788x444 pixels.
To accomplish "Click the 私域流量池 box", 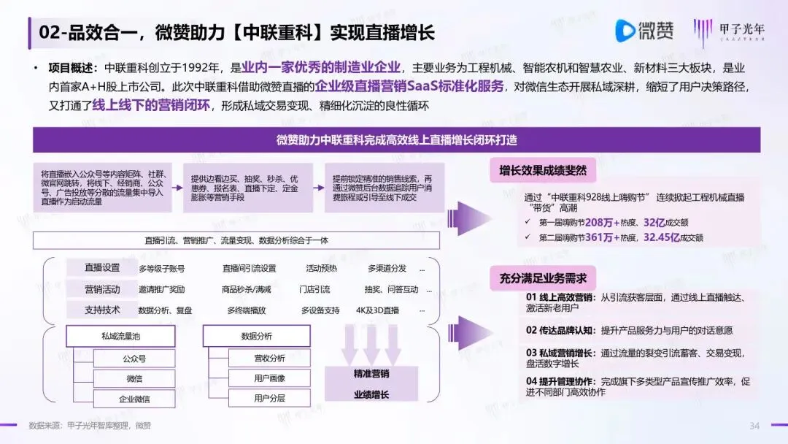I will (120, 336).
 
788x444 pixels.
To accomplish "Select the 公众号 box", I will (134, 359).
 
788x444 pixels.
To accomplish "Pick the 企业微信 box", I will (134, 399).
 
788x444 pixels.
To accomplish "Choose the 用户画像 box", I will (269, 378).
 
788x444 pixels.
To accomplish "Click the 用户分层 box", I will (269, 399).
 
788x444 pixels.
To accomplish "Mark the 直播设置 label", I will (102, 267).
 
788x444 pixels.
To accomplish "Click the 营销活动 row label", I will (102, 288).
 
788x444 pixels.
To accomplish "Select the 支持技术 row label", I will (102, 310).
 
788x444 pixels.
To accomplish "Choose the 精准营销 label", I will (371, 373).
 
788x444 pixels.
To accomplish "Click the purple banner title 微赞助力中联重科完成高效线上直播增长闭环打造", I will (396, 139).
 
